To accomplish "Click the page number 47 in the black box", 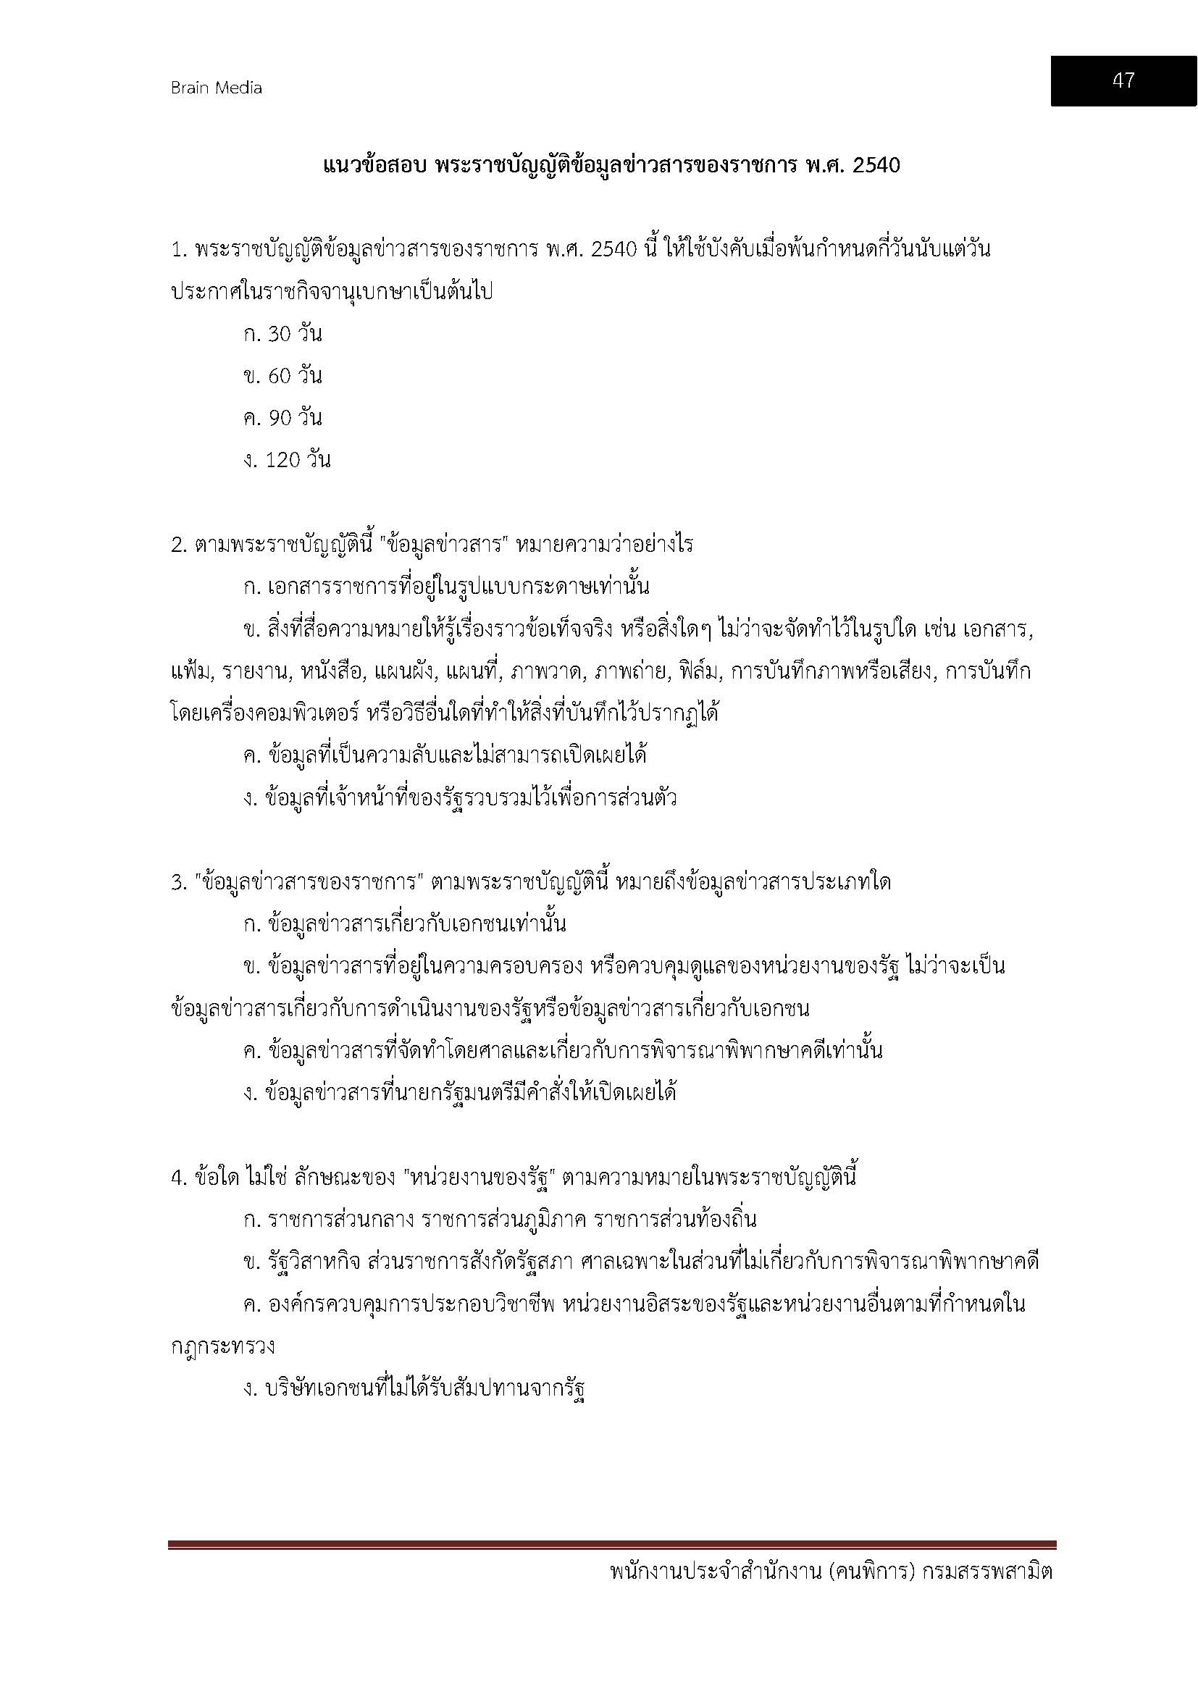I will tap(1123, 80).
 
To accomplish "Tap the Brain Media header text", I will tap(216, 88).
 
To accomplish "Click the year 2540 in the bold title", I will tap(876, 165).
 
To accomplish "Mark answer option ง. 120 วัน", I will tap(287, 461).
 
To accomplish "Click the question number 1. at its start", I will tap(178, 250).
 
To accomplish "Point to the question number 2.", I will tap(178, 545).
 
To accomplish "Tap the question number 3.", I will tap(178, 882).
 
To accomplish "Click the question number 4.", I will tap(178, 1178).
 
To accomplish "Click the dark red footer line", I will tap(611, 1544).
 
